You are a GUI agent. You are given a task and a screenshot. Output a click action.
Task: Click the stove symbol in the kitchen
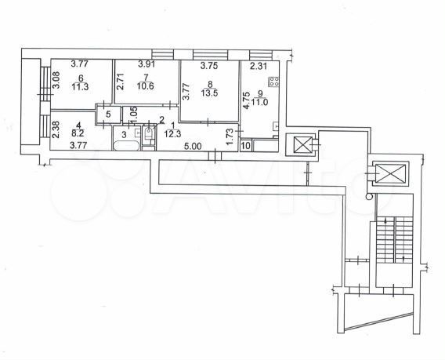pyautogui.click(x=273, y=82)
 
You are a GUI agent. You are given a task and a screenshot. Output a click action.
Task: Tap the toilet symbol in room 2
pyautogui.click(x=148, y=133)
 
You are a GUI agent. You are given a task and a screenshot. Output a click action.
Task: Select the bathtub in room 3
pyautogui.click(x=126, y=146)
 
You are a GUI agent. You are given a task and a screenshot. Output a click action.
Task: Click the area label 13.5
pyautogui.click(x=209, y=93)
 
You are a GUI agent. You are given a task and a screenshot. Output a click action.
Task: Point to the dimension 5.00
pyautogui.click(x=193, y=147)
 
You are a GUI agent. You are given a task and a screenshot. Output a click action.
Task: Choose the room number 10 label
pyautogui.click(x=246, y=146)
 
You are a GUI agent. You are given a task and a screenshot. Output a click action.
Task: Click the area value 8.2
pyautogui.click(x=77, y=133)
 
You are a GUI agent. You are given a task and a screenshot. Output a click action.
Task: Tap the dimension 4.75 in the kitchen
pyautogui.click(x=247, y=100)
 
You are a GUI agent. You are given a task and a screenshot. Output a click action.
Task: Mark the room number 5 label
pyautogui.click(x=108, y=115)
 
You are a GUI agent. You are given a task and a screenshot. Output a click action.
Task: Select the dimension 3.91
pyautogui.click(x=147, y=64)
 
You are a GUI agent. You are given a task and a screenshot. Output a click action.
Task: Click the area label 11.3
pyautogui.click(x=80, y=86)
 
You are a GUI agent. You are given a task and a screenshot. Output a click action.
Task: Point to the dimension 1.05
pyautogui.click(x=135, y=115)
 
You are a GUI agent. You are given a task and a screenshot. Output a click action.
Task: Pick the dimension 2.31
pyautogui.click(x=259, y=66)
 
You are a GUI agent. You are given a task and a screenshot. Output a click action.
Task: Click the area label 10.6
pyautogui.click(x=145, y=85)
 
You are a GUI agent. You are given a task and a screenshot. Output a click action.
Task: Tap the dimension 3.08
pyautogui.click(x=56, y=80)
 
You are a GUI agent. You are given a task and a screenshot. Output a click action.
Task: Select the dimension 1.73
pyautogui.click(x=230, y=136)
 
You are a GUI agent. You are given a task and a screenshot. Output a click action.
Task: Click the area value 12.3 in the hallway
pyautogui.click(x=172, y=133)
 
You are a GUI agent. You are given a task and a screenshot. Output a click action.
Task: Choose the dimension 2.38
pyautogui.click(x=56, y=129)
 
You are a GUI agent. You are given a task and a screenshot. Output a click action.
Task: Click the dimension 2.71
pyautogui.click(x=120, y=82)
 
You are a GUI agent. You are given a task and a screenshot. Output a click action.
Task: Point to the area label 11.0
pyautogui.click(x=260, y=102)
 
